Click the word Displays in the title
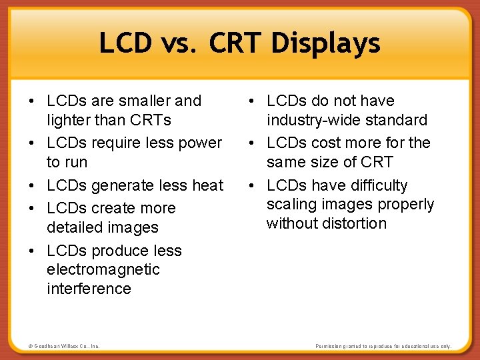point(325,44)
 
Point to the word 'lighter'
point(70,120)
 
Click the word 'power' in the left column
point(199,143)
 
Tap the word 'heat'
point(207,185)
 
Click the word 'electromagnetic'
point(103,269)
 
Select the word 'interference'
point(89,289)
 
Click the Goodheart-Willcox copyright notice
point(64,346)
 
